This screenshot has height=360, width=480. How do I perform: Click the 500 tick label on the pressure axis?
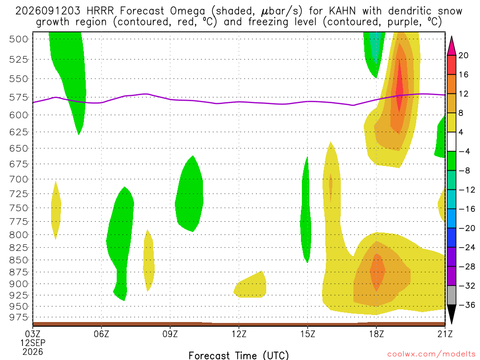(19, 39)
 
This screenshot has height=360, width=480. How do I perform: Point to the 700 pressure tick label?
(19, 179)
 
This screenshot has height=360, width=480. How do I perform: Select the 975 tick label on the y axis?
(19, 317)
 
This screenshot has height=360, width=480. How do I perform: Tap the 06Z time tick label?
(101, 334)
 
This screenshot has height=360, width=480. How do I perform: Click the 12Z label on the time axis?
(239, 334)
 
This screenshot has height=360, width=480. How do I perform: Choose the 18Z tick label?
(376, 334)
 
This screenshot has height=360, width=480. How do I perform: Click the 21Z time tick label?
(445, 334)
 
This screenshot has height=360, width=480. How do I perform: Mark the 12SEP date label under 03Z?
(33, 343)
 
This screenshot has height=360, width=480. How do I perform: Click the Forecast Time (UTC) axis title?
(239, 355)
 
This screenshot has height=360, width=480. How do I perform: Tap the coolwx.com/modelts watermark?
(431, 354)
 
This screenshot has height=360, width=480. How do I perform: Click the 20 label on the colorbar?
(464, 55)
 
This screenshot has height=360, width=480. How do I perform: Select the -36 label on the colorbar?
(466, 305)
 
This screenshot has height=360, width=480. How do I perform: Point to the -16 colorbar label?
(466, 209)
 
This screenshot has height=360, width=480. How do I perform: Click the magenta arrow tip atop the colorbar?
(451, 37)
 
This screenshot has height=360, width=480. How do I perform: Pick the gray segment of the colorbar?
(451, 295)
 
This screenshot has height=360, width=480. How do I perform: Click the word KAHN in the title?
(342, 11)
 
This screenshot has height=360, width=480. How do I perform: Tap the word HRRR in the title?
(100, 11)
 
